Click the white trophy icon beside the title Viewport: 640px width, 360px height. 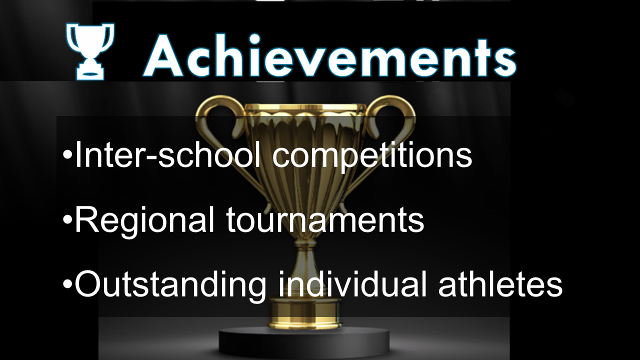coord(90,51)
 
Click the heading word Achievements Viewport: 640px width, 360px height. coord(330,55)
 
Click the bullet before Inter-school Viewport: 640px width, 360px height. coord(67,155)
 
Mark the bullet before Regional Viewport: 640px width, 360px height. coord(67,220)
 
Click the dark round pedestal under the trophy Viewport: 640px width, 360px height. coord(304,343)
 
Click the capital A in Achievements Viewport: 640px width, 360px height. coord(163,55)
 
